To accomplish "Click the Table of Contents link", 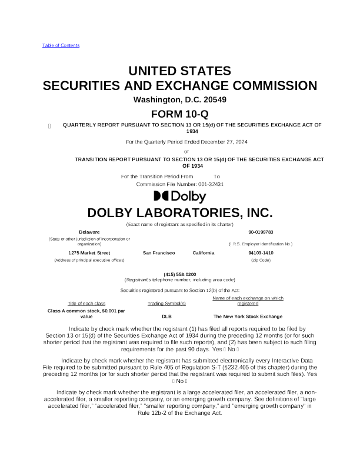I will pyautogui.click(x=61, y=45).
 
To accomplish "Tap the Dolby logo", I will pyautogui.click(x=179, y=197).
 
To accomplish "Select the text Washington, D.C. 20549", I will pyautogui.click(x=179, y=99).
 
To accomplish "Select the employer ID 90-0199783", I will pyautogui.click(x=260, y=232).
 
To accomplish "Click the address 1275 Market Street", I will pyautogui.click(x=89, y=252).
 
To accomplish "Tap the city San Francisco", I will pyautogui.click(x=159, y=252).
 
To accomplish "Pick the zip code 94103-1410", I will pyautogui.click(x=261, y=252).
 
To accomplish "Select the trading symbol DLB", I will pyautogui.click(x=166, y=316).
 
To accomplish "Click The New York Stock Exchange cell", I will pyautogui.click(x=247, y=316).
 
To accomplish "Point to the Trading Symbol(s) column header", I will pyautogui.click(x=166, y=303).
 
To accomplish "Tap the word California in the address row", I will pyautogui.click(x=204, y=252).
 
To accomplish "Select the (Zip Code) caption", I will pyautogui.click(x=261, y=259).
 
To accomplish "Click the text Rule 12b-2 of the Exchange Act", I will pyautogui.click(x=179, y=413).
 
